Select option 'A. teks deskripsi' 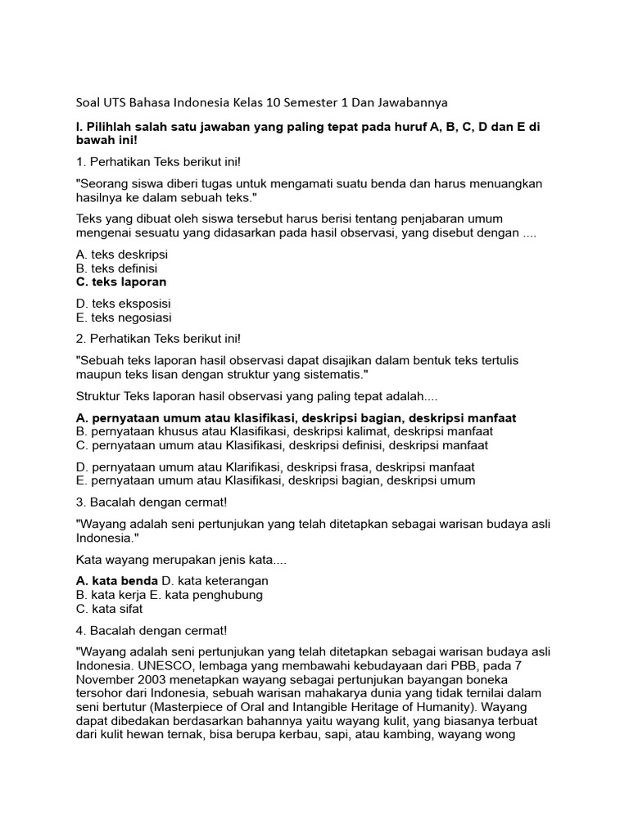click(121, 255)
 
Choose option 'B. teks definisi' click(116, 268)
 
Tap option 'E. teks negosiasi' click(124, 318)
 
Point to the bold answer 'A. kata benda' click(116, 580)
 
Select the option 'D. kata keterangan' click(215, 580)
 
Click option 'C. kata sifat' click(108, 609)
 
